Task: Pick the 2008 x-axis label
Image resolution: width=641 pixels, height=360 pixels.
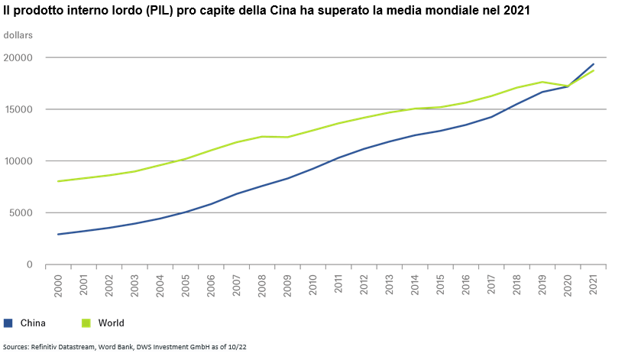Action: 262,284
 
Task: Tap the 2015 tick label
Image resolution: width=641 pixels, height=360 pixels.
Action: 440,284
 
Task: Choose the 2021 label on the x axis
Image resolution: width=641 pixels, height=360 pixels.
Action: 593,284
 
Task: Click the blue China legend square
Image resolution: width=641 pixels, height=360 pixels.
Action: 8,323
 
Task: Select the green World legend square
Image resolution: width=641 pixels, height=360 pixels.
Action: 86,323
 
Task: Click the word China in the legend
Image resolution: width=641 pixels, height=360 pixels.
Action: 33,323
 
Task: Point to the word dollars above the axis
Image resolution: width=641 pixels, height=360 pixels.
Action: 18,36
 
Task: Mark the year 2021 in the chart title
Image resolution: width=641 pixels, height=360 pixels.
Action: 518,11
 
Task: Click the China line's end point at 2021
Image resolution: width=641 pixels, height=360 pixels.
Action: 594,64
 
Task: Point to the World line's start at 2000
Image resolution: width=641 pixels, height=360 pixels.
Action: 58,181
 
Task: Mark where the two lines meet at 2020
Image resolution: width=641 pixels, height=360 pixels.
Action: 568,86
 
